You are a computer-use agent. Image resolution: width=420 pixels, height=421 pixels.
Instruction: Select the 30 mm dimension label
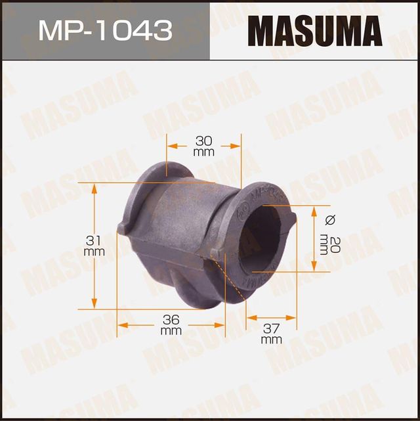(x=204, y=145)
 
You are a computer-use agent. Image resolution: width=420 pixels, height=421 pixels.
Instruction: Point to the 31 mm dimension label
(x=94, y=246)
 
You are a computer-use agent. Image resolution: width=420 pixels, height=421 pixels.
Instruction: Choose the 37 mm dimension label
(x=271, y=333)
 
